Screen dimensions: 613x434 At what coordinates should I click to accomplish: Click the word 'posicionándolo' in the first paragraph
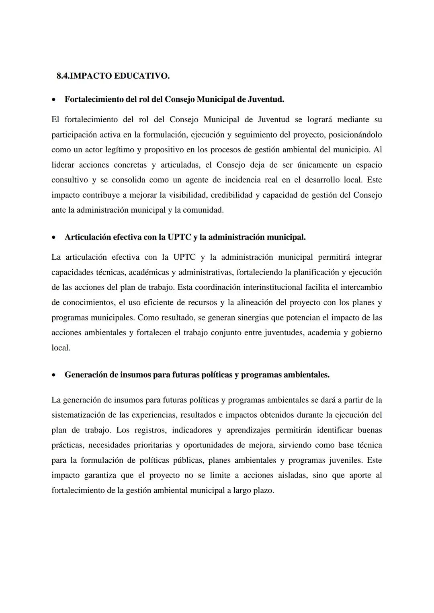[355, 135]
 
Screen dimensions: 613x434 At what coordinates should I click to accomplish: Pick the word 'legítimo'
[120, 150]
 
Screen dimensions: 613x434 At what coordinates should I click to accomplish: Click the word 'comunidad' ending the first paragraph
[203, 210]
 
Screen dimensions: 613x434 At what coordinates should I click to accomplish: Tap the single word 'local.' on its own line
[61, 348]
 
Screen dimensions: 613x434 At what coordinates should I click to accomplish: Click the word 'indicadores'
[192, 431]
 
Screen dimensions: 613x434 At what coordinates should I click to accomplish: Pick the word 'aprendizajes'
[248, 431]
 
